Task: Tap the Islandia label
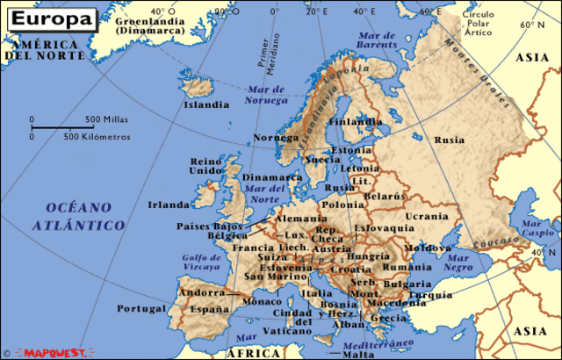(x=205, y=104)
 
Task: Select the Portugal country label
(x=142, y=309)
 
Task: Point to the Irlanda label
(x=169, y=205)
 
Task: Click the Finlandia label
(x=355, y=122)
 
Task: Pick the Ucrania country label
(x=426, y=215)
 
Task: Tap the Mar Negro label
(x=458, y=262)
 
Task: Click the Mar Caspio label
(x=538, y=230)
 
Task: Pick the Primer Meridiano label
(x=262, y=53)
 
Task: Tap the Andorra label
(x=202, y=292)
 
